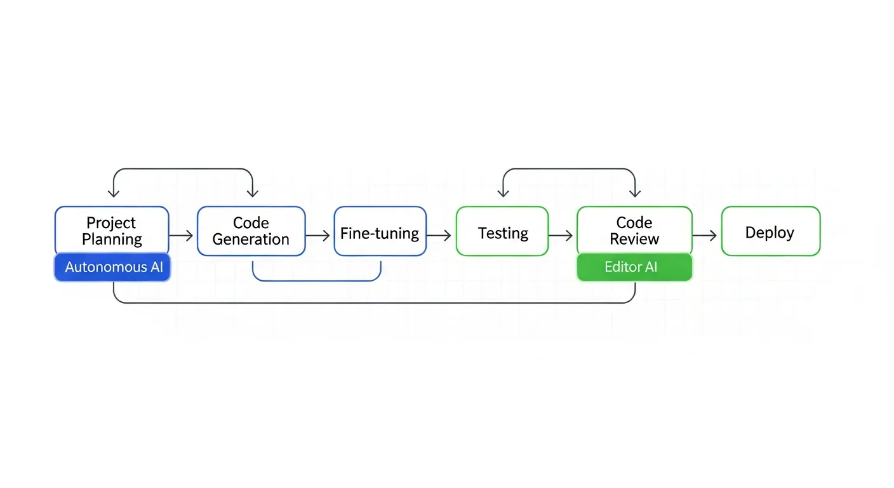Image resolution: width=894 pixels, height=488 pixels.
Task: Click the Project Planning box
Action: tap(112, 231)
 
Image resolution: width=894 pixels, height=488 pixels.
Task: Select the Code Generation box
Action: tap(251, 231)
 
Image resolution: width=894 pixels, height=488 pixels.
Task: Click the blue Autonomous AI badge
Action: tap(113, 268)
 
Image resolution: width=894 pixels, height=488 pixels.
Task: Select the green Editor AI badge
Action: tap(634, 268)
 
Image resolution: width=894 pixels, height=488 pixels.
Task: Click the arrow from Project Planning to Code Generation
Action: tap(182, 236)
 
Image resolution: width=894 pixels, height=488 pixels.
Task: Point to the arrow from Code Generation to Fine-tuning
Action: tap(319, 236)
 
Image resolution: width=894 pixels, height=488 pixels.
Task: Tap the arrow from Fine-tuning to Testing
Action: tap(440, 236)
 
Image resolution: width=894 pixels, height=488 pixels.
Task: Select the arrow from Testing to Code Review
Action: tap(561, 236)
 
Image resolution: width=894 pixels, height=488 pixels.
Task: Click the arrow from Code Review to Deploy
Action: tap(705, 236)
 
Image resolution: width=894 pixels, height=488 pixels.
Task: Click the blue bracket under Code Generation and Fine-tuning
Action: tap(316, 280)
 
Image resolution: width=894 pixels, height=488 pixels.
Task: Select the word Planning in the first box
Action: tap(112, 240)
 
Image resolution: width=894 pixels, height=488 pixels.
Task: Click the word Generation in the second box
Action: tap(251, 240)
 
